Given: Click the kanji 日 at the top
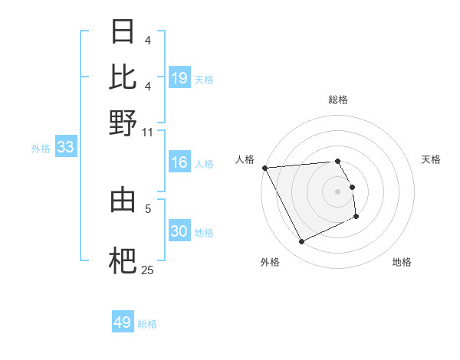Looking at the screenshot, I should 123,32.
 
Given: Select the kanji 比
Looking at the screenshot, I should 123,77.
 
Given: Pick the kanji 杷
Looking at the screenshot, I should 123,260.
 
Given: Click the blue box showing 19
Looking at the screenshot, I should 179,77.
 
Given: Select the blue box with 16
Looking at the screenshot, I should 179,162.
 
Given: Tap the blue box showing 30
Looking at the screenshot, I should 179,231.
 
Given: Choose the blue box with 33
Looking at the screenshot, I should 65,148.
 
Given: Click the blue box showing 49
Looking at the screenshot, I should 123,322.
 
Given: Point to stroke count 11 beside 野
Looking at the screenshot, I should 148,132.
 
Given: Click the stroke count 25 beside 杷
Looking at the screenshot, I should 148,270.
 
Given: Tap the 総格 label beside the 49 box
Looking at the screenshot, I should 148,324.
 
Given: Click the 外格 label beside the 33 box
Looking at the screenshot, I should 41,149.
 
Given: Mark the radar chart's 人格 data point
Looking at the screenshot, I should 264,168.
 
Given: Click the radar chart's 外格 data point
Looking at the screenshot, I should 301,242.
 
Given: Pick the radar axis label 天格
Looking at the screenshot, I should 432,159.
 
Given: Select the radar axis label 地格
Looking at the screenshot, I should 402,262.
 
